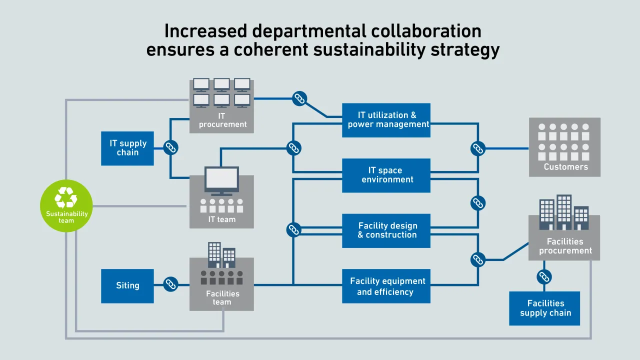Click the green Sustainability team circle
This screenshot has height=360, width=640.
[66, 205]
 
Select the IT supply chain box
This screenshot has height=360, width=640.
[127, 148]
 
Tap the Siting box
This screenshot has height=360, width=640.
[127, 285]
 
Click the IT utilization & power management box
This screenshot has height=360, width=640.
[386, 120]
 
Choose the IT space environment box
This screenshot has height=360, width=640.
[386, 175]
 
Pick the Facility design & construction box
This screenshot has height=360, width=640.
[386, 230]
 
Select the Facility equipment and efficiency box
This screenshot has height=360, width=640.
[386, 286]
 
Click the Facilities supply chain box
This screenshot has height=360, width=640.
[545, 308]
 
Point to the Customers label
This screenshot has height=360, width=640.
[565, 167]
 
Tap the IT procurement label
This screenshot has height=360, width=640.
[222, 120]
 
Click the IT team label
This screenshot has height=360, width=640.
[221, 219]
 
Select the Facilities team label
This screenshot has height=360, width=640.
[222, 297]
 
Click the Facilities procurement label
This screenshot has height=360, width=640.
[565, 246]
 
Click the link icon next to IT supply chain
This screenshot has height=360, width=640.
[171, 147]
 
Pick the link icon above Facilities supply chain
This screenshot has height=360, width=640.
[544, 276]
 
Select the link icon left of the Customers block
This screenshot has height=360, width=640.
[478, 148]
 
